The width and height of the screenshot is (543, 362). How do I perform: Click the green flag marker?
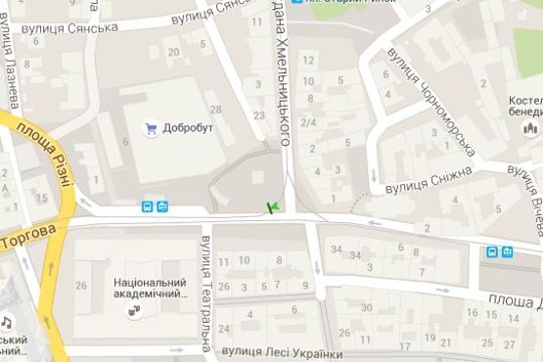[273, 206]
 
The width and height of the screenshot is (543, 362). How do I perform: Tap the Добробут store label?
[189, 127]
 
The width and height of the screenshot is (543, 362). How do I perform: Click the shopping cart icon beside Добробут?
[151, 127]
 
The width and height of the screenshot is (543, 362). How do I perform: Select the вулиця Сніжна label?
[428, 178]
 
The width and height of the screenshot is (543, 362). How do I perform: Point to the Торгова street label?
[30, 236]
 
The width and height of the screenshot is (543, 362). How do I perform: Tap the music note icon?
[6, 321]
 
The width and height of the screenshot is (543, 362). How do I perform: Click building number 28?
[215, 109]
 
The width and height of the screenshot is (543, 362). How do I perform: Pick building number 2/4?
[308, 122]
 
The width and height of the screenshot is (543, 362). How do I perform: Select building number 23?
[258, 115]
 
